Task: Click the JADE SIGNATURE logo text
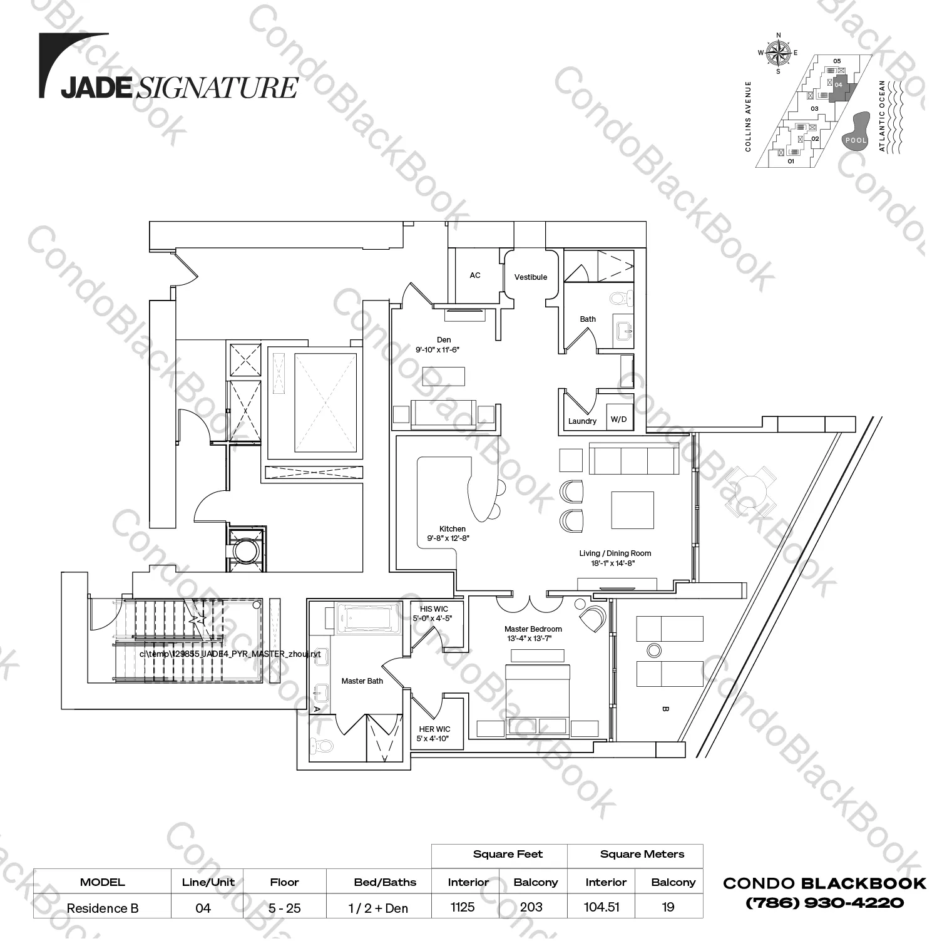click(x=178, y=88)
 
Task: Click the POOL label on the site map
click(x=856, y=140)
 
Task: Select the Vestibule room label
click(x=531, y=277)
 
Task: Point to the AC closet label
click(x=475, y=275)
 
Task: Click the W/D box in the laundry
click(x=618, y=419)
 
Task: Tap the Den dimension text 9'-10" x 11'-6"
click(x=438, y=350)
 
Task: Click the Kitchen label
click(x=452, y=529)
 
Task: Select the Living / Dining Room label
click(x=615, y=553)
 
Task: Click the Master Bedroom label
click(x=533, y=629)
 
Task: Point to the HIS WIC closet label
click(x=434, y=609)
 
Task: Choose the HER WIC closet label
click(x=434, y=729)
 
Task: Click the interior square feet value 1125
click(x=463, y=907)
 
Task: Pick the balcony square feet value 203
click(x=531, y=907)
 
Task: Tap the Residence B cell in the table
click(x=103, y=908)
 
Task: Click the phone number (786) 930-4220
click(x=824, y=903)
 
